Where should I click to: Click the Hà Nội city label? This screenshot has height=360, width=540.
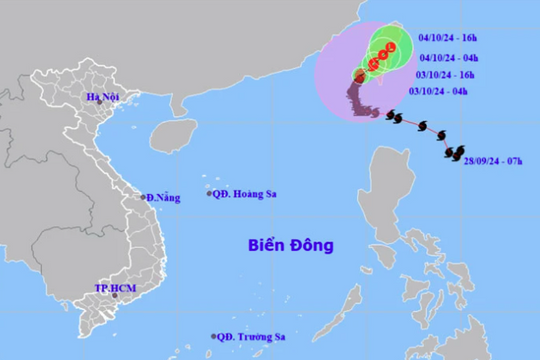click(103, 97)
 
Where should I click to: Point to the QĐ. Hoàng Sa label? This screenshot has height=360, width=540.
click(243, 194)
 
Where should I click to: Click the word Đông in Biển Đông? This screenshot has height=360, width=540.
click(311, 244)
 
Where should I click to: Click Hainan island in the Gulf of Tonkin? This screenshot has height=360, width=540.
click(177, 132)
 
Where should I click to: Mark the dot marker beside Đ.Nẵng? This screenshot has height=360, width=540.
click(144, 197)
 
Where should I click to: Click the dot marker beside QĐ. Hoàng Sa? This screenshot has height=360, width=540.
click(210, 193)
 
